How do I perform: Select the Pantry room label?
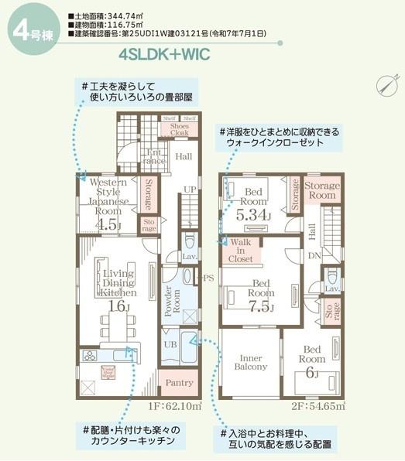pos(179,382)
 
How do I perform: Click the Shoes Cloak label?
pos(179,129)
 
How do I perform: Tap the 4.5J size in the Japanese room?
pos(109,225)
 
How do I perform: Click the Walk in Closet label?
pos(241,253)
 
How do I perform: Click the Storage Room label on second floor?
pos(321,191)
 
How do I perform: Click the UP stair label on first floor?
pos(190,189)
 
